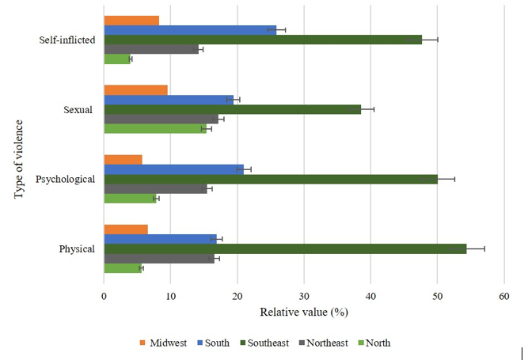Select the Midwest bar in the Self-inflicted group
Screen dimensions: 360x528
click(x=131, y=20)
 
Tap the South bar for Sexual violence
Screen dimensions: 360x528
click(x=169, y=100)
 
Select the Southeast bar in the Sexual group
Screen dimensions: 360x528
click(x=232, y=109)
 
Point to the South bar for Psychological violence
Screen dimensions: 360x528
click(x=173, y=169)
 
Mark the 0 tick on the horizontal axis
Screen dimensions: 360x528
click(x=104, y=297)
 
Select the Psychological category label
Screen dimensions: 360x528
click(x=66, y=179)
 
